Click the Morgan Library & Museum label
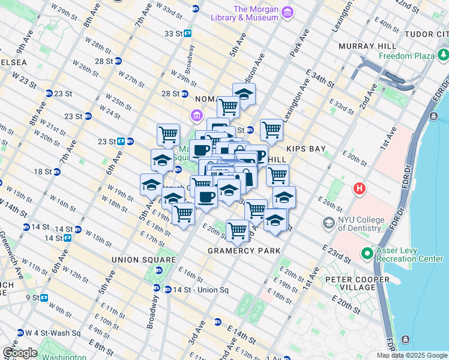click(256, 13)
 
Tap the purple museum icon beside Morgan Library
click(288, 12)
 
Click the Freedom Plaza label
click(406, 56)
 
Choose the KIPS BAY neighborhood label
click(306, 147)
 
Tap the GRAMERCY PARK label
click(240, 250)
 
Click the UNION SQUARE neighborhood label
click(143, 260)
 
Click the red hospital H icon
click(360, 189)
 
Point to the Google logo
click(19, 353)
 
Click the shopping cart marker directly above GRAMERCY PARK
click(238, 229)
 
